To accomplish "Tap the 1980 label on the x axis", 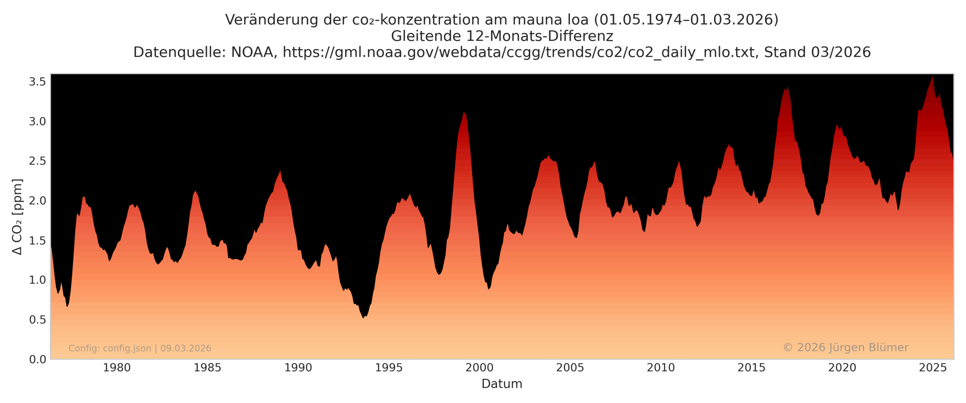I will tap(117, 367).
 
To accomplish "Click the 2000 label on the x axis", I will tap(479, 367).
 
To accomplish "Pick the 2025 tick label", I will tap(932, 367).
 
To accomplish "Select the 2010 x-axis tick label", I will tap(660, 367).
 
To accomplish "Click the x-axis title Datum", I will tap(501, 384).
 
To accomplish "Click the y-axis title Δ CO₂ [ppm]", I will tap(17, 217).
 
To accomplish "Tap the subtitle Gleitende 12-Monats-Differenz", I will tap(501, 36).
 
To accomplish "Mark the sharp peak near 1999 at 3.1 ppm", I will tap(465, 113).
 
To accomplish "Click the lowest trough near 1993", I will tap(364, 318).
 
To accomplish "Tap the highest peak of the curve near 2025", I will tap(932, 77).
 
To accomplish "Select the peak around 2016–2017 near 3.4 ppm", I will tap(788, 87).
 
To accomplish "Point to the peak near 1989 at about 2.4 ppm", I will tap(280, 171).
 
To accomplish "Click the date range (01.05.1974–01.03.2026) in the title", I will tap(686, 20).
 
